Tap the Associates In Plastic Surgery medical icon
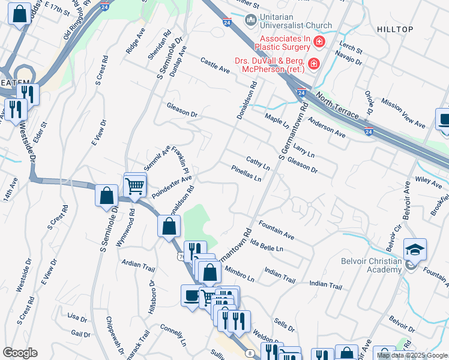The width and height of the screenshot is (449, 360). pyautogui.click(x=319, y=41)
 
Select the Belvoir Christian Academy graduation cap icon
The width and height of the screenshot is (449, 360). pyautogui.click(x=415, y=248)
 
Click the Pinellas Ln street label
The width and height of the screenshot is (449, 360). pyautogui.click(x=246, y=173)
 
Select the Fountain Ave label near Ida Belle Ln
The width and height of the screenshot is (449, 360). pyautogui.click(x=276, y=230)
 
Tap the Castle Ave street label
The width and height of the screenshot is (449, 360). pyautogui.click(x=215, y=65)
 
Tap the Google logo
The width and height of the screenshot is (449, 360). pyautogui.click(x=20, y=353)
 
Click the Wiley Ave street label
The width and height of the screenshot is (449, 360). pyautogui.click(x=428, y=179)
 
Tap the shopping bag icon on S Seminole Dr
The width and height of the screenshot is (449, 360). pyautogui.click(x=106, y=195)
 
